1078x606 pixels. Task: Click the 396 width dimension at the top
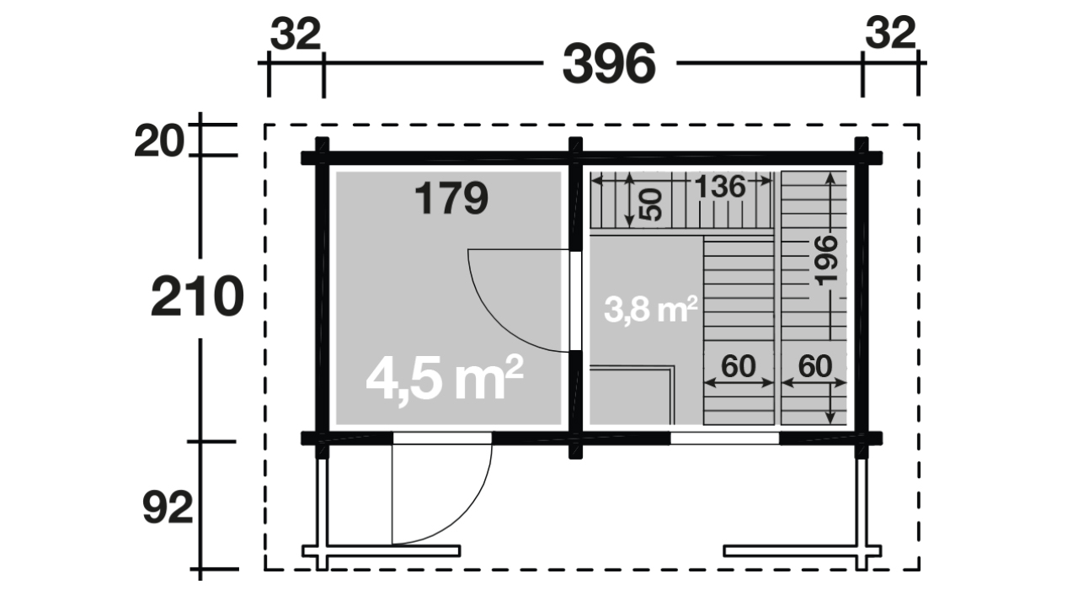(x=609, y=64)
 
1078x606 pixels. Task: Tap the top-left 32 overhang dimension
(x=296, y=34)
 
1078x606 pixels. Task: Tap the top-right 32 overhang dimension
(x=890, y=33)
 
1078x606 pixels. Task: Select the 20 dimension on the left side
(x=159, y=141)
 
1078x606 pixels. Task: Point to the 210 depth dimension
(x=197, y=296)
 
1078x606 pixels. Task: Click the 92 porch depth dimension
(x=168, y=508)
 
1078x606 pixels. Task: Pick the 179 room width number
(x=451, y=198)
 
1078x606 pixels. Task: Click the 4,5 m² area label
(x=444, y=379)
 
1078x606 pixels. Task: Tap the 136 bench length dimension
(x=720, y=187)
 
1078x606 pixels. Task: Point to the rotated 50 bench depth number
(x=652, y=205)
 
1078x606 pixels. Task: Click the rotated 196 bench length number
(x=827, y=260)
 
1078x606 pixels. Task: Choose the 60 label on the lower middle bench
(x=739, y=366)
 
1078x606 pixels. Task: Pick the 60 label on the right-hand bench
(x=815, y=366)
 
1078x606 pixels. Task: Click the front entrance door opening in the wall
(x=442, y=439)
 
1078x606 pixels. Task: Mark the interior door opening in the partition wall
(x=575, y=300)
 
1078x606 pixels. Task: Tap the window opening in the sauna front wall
(x=724, y=439)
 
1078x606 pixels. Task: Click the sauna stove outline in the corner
(x=632, y=396)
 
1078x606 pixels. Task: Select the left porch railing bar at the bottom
(x=382, y=550)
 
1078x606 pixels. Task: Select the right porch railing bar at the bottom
(x=803, y=550)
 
